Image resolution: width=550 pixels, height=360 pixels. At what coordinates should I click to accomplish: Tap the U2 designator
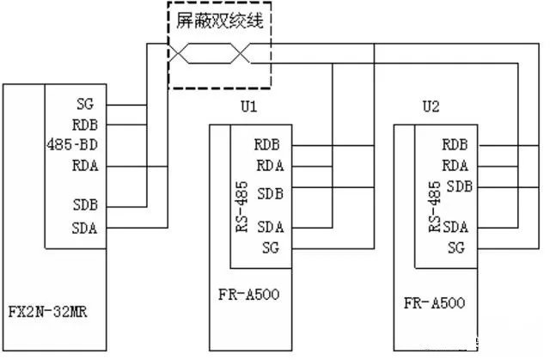click(431, 107)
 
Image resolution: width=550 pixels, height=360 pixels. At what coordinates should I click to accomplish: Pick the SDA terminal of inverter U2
click(455, 227)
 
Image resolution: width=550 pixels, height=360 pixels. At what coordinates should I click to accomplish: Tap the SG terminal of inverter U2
click(456, 247)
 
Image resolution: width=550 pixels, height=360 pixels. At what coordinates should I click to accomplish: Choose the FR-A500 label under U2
click(434, 303)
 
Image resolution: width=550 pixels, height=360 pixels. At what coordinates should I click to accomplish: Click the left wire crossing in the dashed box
click(181, 54)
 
